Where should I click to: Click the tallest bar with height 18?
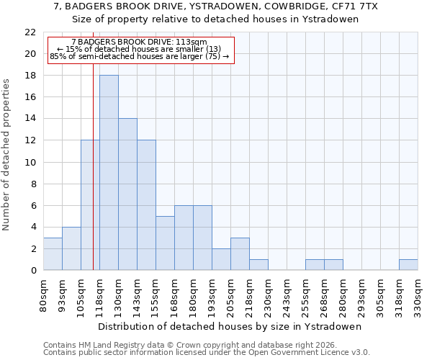point(109,173)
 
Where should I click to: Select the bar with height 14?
point(127,194)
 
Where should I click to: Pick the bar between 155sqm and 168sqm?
point(165,243)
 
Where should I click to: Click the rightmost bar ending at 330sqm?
point(408,264)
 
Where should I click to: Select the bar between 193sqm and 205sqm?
point(221,259)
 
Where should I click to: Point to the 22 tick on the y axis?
point(30,32)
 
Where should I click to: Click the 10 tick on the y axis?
point(30,162)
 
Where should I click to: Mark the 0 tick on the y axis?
point(33,270)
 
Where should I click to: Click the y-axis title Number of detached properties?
point(7,155)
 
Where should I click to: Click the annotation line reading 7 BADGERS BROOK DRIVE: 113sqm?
point(140,42)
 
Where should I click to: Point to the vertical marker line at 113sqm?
point(93,180)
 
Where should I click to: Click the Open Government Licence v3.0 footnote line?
point(207,352)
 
